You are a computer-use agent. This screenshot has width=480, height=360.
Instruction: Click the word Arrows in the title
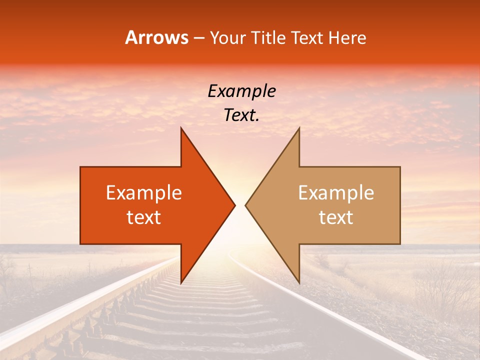pos(156,37)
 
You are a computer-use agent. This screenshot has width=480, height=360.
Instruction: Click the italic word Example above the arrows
pos(242,91)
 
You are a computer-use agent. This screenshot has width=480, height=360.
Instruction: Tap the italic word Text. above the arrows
pos(242,115)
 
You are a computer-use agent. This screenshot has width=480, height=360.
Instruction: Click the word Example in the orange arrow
pos(144,193)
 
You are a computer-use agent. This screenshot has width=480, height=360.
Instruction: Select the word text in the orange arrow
pos(144,217)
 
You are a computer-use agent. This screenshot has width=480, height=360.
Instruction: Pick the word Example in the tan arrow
pos(336,193)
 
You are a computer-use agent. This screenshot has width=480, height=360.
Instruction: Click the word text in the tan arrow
pos(336,217)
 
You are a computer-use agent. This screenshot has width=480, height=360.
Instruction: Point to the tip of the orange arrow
pos(235,205)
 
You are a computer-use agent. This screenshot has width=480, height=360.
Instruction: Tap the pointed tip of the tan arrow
pos(245,205)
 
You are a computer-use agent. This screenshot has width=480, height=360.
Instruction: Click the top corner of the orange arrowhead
pos(181,128)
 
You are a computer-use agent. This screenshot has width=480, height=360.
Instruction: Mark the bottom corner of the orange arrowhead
pos(181,283)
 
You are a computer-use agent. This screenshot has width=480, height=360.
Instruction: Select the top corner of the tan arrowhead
pos(299,128)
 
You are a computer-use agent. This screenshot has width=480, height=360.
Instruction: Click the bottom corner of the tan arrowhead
pos(299,283)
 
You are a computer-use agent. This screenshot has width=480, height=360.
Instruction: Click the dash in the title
pos(198,38)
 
